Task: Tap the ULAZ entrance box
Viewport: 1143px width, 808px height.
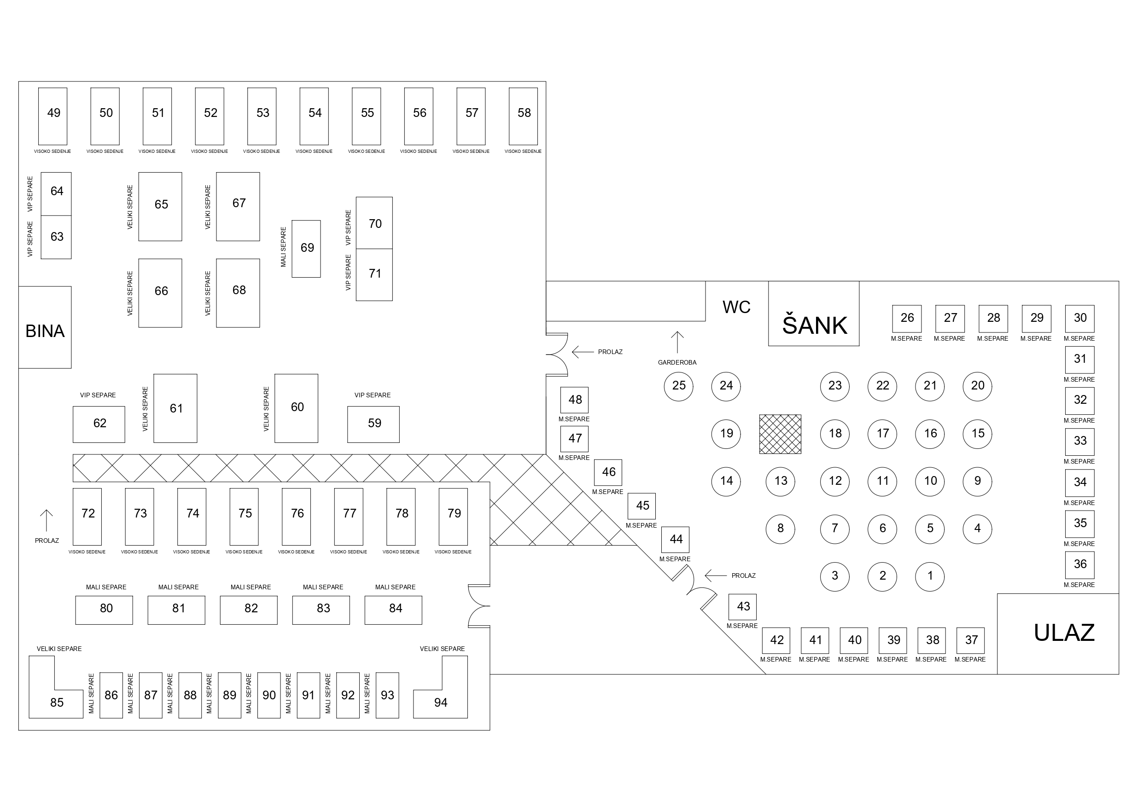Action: coord(1058,634)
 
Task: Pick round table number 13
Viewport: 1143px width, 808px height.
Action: coord(781,481)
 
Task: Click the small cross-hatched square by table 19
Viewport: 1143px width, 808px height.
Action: coord(780,434)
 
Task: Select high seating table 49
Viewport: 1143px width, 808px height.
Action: coord(53,116)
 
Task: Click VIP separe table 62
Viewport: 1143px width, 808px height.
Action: coord(99,424)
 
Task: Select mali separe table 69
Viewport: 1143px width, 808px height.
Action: coord(306,249)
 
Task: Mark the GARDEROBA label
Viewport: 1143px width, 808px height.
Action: coord(677,362)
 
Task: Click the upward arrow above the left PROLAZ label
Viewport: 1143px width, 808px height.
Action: coord(47,520)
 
